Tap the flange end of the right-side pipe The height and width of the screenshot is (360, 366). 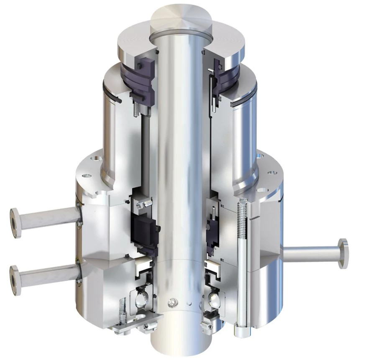(343, 253)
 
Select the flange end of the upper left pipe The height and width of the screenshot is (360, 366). (15, 223)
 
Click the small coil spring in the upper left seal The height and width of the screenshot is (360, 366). (136, 110)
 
